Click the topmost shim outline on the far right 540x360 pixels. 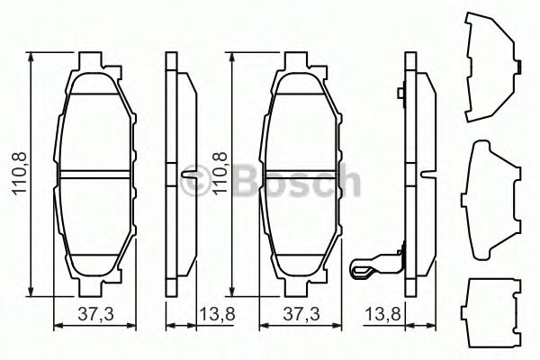point(491,67)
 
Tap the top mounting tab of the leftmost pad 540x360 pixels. point(94,63)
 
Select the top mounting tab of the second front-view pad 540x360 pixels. point(299,63)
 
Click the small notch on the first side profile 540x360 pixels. point(186,174)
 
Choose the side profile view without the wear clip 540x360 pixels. point(179,171)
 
